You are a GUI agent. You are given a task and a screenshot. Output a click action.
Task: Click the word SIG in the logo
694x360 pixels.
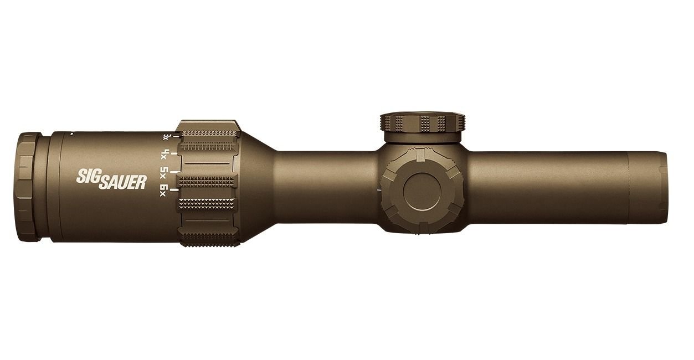(x=87, y=177)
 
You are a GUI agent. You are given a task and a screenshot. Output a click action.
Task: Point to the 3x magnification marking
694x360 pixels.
(x=166, y=136)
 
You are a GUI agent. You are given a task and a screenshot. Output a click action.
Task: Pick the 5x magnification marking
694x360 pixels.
(x=164, y=171)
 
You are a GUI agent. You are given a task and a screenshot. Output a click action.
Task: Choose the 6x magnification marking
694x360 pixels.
(x=164, y=190)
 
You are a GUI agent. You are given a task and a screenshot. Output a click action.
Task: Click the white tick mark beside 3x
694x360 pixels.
(x=176, y=135)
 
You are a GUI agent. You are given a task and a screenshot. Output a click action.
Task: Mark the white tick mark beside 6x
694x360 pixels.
(x=176, y=190)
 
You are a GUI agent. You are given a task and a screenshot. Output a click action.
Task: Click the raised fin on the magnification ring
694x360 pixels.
(x=209, y=125)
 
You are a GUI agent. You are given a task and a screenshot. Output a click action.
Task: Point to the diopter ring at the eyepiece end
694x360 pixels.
(x=28, y=187)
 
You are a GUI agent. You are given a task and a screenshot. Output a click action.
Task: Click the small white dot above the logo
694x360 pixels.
(x=71, y=134)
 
